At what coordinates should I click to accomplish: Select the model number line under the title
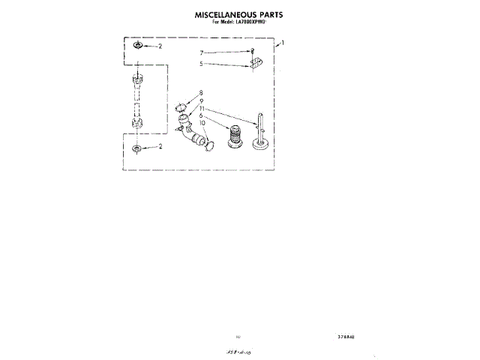point(239,23)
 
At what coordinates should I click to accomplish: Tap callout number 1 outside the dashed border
point(282,44)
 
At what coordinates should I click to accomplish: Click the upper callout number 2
point(160,46)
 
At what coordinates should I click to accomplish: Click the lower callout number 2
point(160,147)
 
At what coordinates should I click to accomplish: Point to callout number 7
point(201,52)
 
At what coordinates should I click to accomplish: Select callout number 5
point(201,64)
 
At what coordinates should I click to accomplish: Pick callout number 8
point(201,94)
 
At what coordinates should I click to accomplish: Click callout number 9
point(201,100)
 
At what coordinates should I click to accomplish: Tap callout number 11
point(201,108)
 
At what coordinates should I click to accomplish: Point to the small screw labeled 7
point(253,51)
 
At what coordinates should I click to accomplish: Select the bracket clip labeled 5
point(256,64)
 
